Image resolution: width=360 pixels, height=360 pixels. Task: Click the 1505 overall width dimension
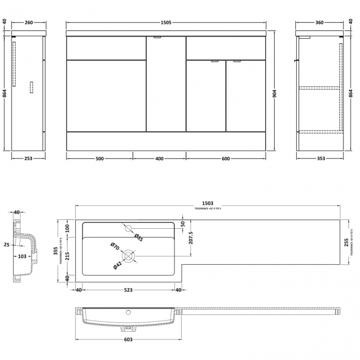[x=165, y=22]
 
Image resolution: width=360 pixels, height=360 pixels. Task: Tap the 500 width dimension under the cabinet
[x=99, y=159]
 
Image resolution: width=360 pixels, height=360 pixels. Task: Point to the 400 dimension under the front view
[x=159, y=159]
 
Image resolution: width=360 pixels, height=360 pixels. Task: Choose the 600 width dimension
[x=225, y=159]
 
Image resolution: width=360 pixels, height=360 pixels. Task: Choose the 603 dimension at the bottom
[x=128, y=340]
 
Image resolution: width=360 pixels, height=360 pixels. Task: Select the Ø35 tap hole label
[x=139, y=238]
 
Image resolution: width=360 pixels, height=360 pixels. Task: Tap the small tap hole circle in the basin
[x=128, y=228]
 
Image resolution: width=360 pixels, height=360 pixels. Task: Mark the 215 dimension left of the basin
[x=68, y=255]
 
